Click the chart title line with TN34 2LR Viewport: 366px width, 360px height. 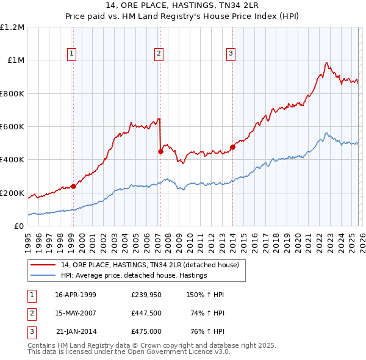tap(182, 7)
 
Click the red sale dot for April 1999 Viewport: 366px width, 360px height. tap(73, 186)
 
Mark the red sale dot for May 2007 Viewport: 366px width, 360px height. tap(160, 152)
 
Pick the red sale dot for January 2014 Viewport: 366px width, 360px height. tap(232, 147)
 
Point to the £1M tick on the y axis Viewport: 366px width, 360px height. tap(15, 60)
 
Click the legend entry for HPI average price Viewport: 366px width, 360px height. tap(134, 276)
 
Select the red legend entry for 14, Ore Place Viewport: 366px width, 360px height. tap(152, 265)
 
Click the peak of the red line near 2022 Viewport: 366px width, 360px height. tap(327, 62)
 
